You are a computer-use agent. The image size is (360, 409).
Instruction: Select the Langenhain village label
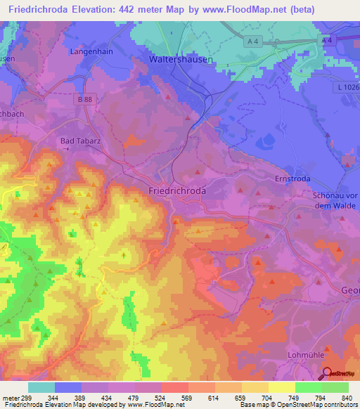coord(91,51)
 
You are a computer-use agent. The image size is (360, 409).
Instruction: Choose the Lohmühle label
coord(306,356)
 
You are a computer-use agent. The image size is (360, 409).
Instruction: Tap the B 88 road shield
coord(85,100)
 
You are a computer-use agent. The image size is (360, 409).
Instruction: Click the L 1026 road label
coord(346,86)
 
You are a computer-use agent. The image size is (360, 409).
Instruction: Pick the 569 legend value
coord(187,397)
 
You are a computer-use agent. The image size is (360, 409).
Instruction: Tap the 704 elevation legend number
coord(267,397)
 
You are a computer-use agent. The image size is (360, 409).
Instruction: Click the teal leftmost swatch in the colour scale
coord(41,387)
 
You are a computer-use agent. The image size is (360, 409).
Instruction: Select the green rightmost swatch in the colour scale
coord(335,387)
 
